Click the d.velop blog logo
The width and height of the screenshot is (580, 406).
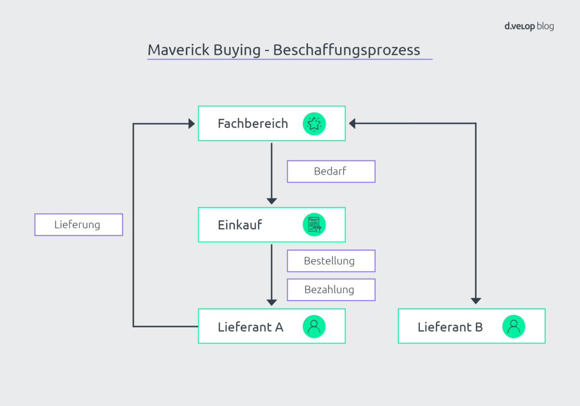(x=528, y=27)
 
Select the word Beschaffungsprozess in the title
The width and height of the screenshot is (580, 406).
(x=346, y=50)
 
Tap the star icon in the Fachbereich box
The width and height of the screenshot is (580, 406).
(x=314, y=123)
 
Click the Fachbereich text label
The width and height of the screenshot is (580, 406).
(x=253, y=123)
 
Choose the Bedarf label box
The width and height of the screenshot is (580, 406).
(x=331, y=171)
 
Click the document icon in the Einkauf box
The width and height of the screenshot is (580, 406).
(x=314, y=225)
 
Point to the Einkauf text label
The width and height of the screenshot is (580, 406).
(x=240, y=225)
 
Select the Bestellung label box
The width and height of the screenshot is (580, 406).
(x=331, y=261)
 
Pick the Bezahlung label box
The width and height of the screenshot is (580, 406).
(x=331, y=289)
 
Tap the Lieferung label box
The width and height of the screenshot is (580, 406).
(x=79, y=225)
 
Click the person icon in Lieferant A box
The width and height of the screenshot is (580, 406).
(x=314, y=326)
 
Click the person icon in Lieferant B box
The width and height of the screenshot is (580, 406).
(x=513, y=326)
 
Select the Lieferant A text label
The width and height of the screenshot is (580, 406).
(x=250, y=327)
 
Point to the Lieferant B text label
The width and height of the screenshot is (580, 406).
(x=450, y=327)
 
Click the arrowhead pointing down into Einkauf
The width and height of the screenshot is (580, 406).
(x=272, y=201)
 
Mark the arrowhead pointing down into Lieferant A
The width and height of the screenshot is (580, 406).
(x=272, y=302)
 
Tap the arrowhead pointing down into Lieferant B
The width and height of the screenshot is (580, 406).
(x=476, y=301)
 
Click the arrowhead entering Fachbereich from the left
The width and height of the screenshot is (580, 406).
(x=192, y=123)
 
